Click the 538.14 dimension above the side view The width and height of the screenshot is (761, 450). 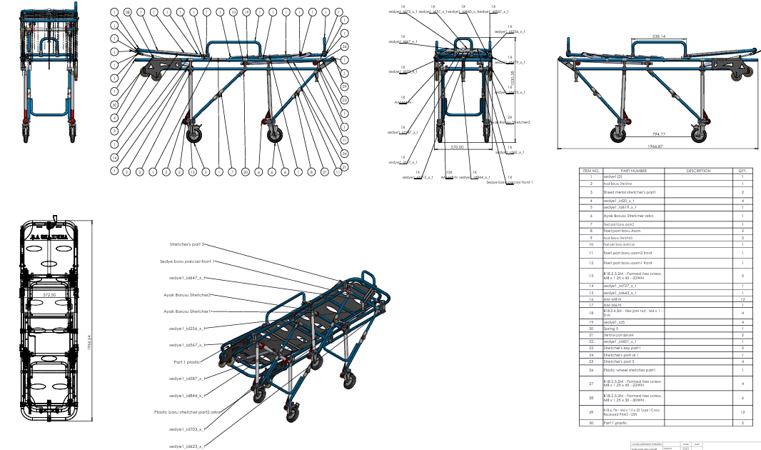(659, 36)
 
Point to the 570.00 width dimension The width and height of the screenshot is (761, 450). (457, 147)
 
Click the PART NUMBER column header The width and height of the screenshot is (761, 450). (633, 171)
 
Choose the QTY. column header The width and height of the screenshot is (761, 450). (742, 171)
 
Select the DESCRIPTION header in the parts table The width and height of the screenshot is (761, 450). (699, 171)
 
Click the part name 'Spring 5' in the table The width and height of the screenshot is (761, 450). (613, 329)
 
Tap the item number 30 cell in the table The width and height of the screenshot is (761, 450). (590, 424)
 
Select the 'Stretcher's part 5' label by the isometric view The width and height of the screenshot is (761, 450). (188, 244)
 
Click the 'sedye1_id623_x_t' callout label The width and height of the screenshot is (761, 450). (187, 446)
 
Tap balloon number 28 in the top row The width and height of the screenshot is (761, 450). (127, 13)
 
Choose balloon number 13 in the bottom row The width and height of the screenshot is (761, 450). (192, 172)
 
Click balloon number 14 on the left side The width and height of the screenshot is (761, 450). (114, 157)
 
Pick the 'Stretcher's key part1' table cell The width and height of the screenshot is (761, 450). (624, 348)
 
